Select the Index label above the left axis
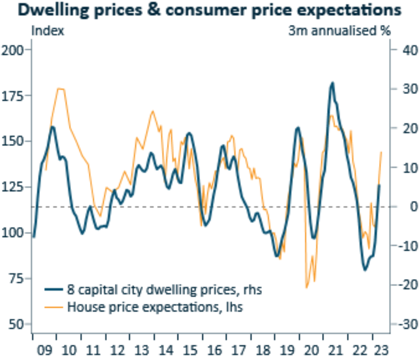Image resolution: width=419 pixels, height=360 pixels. pyautogui.click(x=48, y=32)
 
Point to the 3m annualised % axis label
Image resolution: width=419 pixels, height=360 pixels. pyautogui.click(x=339, y=32)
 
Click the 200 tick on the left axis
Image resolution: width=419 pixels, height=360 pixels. pyautogui.click(x=14, y=50)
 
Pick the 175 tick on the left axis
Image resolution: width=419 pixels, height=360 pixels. pyautogui.click(x=14, y=96)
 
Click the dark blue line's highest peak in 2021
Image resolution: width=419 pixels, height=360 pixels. pyautogui.click(x=332, y=83)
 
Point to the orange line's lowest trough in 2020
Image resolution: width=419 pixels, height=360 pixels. pyautogui.click(x=307, y=287)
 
